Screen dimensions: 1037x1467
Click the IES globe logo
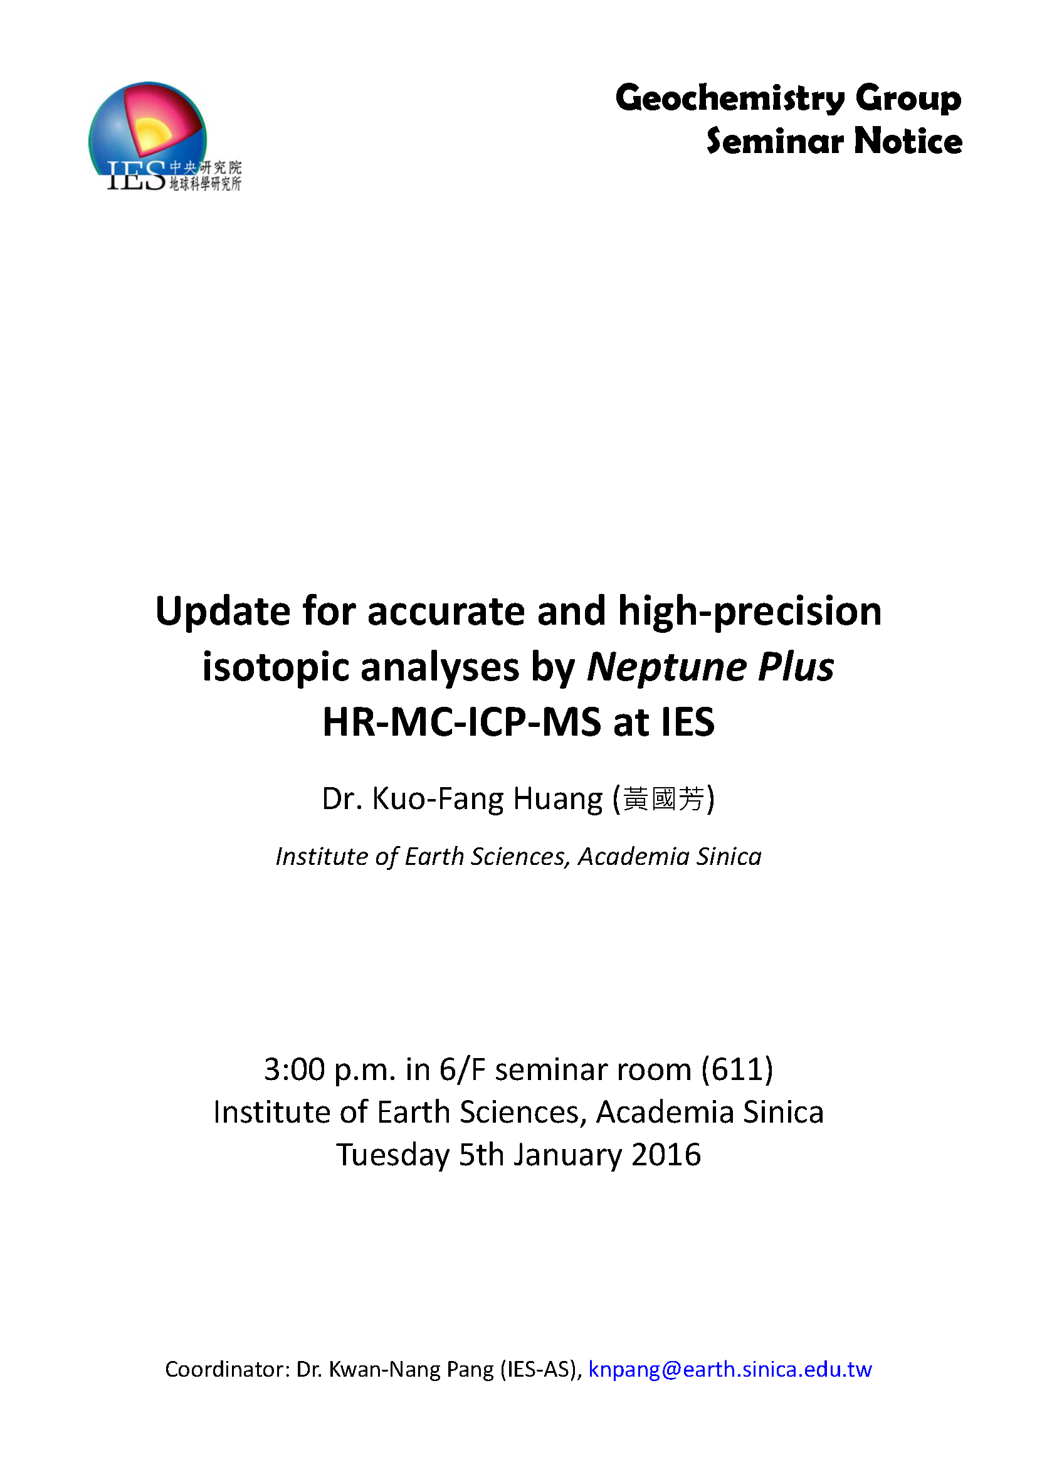point(165,137)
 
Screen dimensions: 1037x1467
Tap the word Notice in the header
point(908,141)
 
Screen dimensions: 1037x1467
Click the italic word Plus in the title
point(796,668)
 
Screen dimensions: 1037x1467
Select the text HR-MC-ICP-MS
point(461,723)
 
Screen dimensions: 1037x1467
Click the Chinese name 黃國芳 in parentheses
point(664,799)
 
